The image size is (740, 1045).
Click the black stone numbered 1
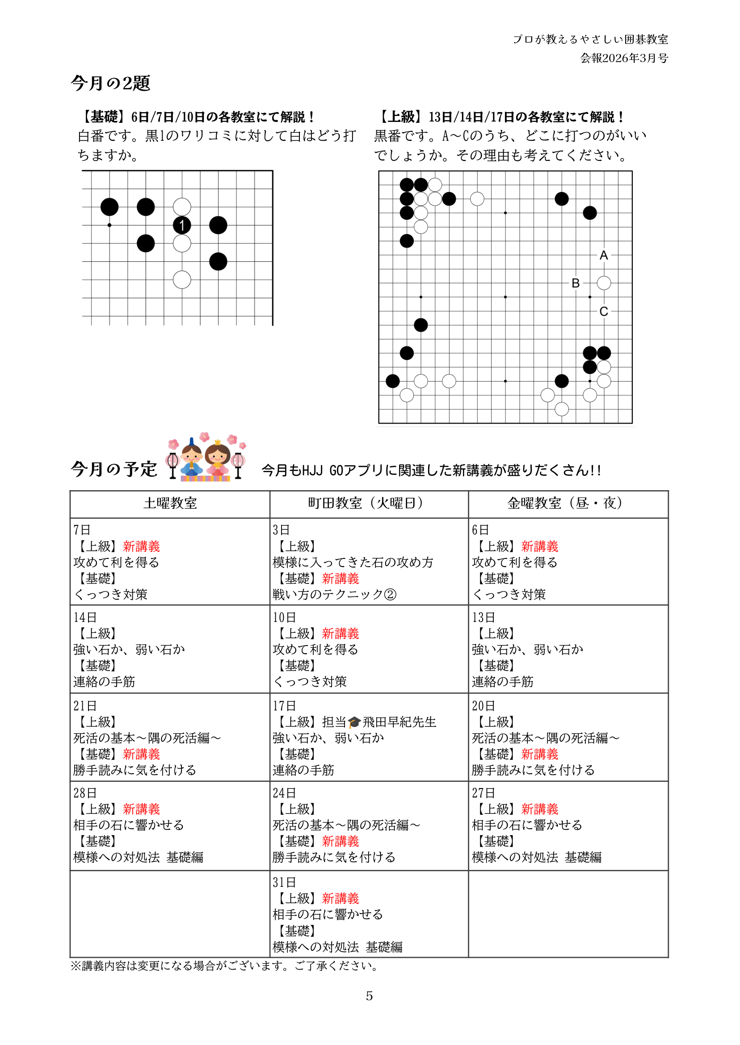point(182,225)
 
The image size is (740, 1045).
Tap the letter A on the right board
point(604,256)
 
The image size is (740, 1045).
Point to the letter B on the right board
point(576,283)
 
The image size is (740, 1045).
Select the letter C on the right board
point(604,311)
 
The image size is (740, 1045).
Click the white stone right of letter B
point(604,283)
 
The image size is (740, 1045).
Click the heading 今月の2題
point(110,84)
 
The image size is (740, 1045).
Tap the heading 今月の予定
point(114,469)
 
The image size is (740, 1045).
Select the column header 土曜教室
point(170,504)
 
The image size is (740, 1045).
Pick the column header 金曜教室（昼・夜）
point(568,504)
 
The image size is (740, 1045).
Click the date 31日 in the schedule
point(284,882)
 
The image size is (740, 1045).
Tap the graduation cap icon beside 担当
point(354,722)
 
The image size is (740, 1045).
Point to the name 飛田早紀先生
point(399,722)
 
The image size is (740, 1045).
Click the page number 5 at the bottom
point(369,996)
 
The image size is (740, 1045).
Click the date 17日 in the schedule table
point(284,706)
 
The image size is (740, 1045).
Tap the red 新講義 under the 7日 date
point(141,546)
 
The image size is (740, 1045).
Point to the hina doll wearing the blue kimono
point(192,461)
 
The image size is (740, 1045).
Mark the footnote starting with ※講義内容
point(224,966)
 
